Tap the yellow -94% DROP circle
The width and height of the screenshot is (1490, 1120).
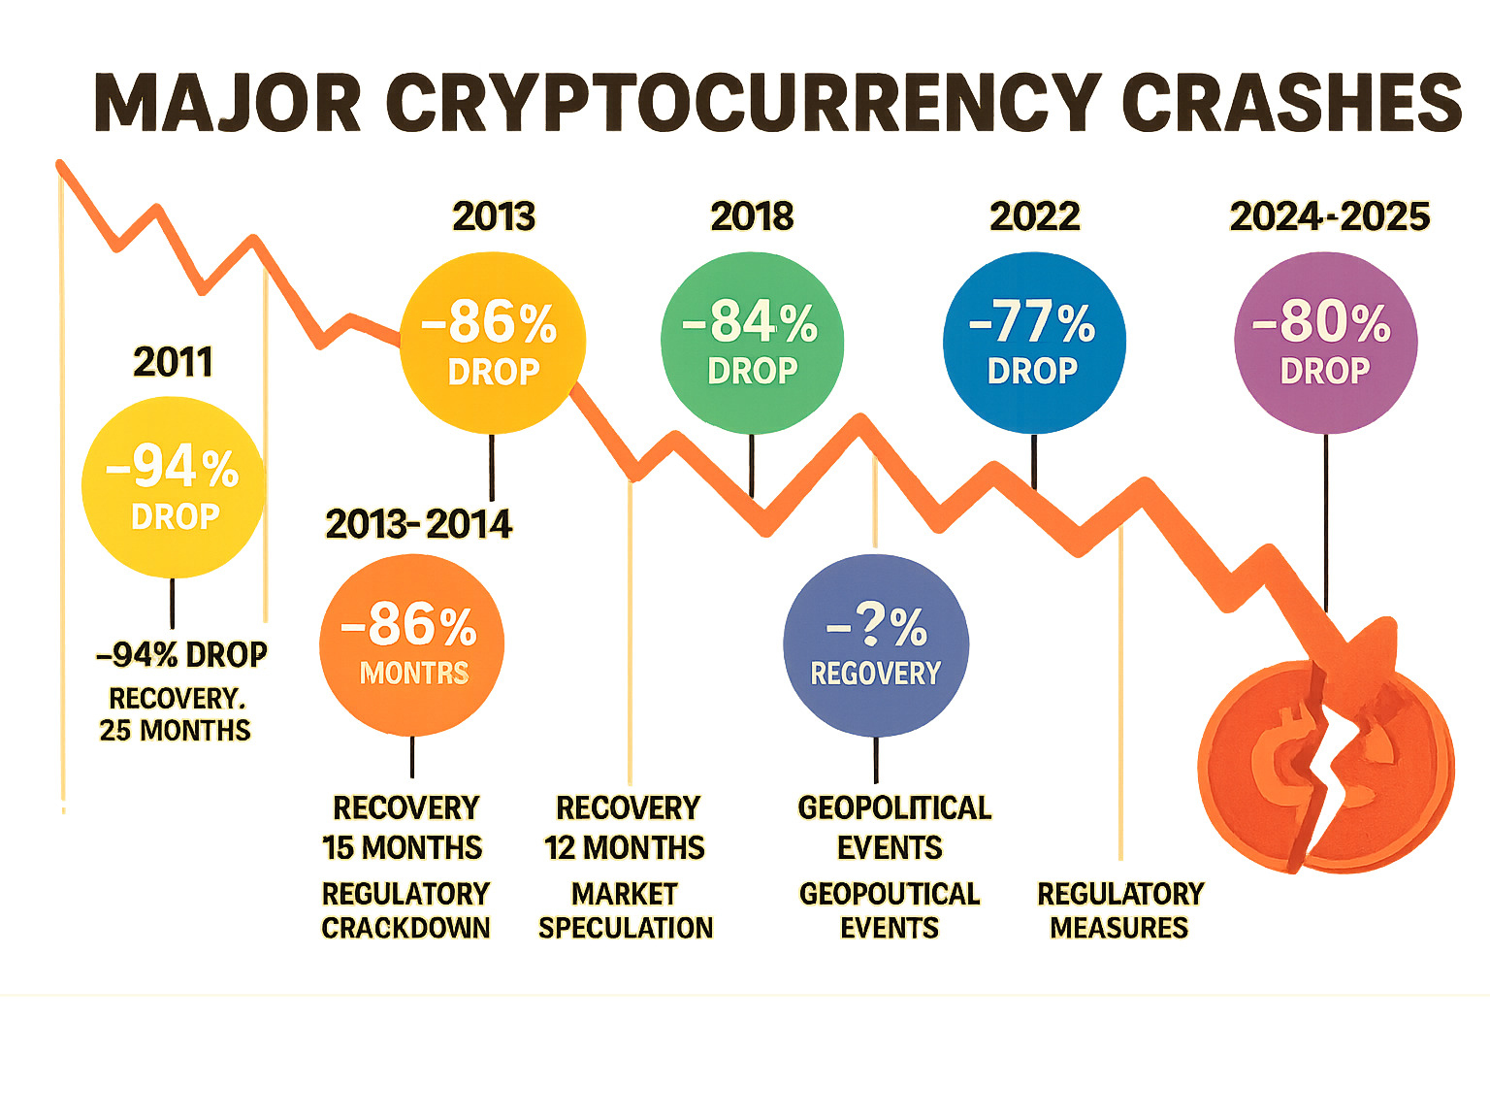[x=174, y=488]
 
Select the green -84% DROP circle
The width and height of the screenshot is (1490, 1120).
[x=752, y=343]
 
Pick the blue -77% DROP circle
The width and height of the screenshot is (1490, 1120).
[x=1034, y=343]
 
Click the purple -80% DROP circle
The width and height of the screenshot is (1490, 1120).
[x=1325, y=343]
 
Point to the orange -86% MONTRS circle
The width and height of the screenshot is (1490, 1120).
[x=411, y=645]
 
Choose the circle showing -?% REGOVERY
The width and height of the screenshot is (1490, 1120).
[x=876, y=645]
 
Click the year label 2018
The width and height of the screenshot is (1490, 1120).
[x=752, y=216]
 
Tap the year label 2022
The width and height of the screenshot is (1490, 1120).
[x=1034, y=216]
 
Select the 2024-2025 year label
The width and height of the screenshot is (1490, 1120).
[x=1329, y=216]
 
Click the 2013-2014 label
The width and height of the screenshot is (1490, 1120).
[x=418, y=525]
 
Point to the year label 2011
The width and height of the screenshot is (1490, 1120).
[x=173, y=363]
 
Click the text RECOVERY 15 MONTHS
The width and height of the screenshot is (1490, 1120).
[x=404, y=828]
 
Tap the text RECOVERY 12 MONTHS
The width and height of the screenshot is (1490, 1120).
[x=626, y=828]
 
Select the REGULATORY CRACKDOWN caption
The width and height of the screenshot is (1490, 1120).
[x=405, y=910]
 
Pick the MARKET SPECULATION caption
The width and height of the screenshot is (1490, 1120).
[x=626, y=910]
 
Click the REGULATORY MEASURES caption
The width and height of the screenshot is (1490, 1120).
[x=1120, y=910]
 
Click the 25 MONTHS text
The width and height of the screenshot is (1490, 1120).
[x=175, y=731]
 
